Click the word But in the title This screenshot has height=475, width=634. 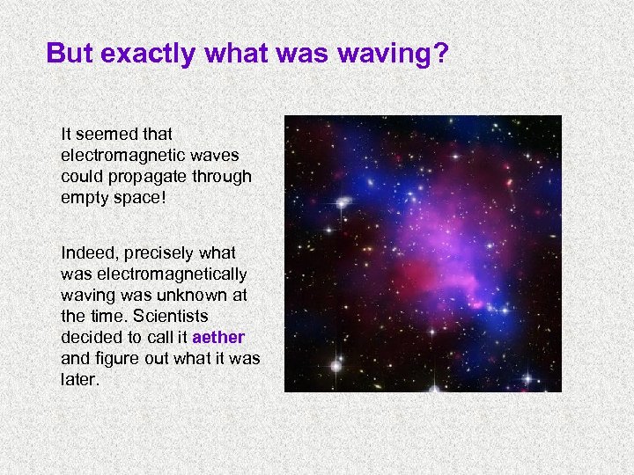pos(70,54)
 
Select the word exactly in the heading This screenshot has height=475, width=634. pos(148,54)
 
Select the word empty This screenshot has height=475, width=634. pos(85,198)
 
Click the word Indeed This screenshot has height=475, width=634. pos(86,253)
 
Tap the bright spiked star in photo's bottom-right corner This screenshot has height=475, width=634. pos(527,378)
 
